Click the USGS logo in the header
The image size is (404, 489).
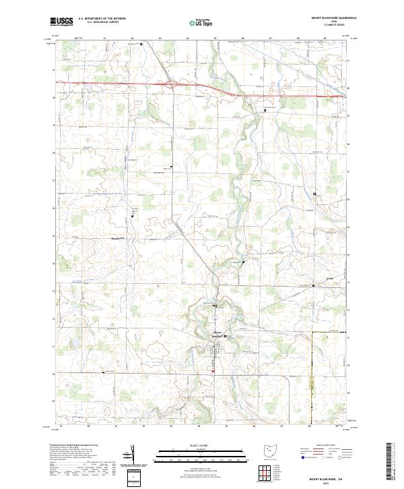pyautogui.click(x=62, y=22)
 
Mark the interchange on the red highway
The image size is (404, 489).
pyautogui.click(x=173, y=84)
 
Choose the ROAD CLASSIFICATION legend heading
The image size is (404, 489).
pyautogui.click(x=321, y=447)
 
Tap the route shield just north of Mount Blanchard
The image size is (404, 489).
pyautogui.click(x=214, y=308)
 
